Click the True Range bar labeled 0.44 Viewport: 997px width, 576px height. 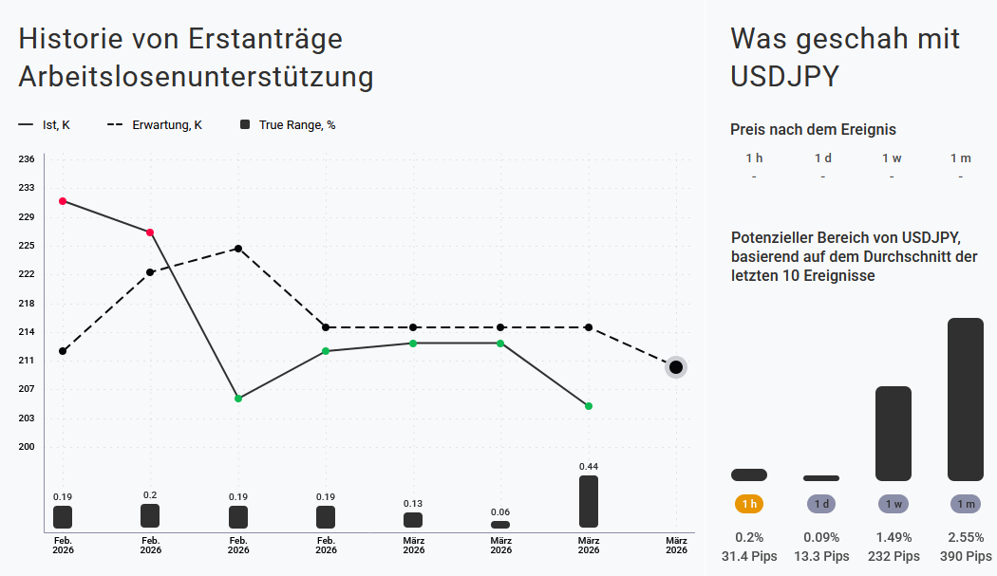(x=589, y=501)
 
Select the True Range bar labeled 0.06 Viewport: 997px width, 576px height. (x=500, y=525)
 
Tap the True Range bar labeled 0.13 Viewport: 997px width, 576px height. (x=413, y=520)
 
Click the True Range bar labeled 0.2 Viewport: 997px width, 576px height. (x=150, y=515)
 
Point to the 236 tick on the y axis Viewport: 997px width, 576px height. (x=27, y=159)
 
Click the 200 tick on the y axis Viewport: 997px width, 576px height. (x=27, y=447)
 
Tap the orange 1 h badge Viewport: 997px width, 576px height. (x=749, y=504)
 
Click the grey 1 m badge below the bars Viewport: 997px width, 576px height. (x=966, y=504)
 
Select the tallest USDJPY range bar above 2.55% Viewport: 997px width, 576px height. (x=966, y=399)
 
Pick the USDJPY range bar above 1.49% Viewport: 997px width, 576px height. (x=894, y=434)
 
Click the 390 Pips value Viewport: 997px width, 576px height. (x=966, y=556)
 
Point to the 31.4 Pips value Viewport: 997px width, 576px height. (x=749, y=556)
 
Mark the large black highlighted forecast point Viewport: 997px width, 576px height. (x=676, y=367)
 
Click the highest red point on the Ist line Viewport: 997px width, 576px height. (x=63, y=201)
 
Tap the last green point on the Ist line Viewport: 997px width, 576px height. (x=589, y=406)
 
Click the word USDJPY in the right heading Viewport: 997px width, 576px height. (x=785, y=76)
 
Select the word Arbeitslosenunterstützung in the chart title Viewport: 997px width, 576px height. (x=196, y=77)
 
